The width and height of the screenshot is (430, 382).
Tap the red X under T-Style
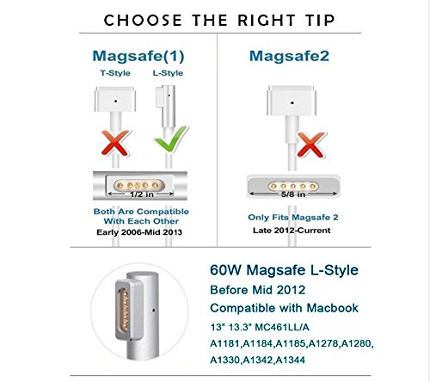(115, 143)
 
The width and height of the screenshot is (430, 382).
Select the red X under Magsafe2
(310, 145)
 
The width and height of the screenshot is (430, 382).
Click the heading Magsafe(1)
(138, 56)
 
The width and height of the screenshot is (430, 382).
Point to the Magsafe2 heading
(289, 56)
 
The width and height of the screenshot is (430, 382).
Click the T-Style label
(115, 73)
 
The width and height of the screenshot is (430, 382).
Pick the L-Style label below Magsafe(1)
(168, 73)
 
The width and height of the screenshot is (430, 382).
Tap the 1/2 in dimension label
(142, 194)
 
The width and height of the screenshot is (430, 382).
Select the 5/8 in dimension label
(292, 194)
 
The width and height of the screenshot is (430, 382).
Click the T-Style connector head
(115, 100)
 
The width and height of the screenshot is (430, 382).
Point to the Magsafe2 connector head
(292, 101)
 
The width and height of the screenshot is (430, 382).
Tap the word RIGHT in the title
(267, 20)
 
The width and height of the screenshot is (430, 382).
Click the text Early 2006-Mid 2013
(139, 232)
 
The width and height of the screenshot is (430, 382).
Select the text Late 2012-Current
(292, 231)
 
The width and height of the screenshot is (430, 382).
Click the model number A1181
(225, 343)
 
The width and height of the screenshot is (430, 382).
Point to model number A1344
(290, 360)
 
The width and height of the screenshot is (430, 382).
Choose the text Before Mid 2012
(257, 290)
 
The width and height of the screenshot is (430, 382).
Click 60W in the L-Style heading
(226, 270)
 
